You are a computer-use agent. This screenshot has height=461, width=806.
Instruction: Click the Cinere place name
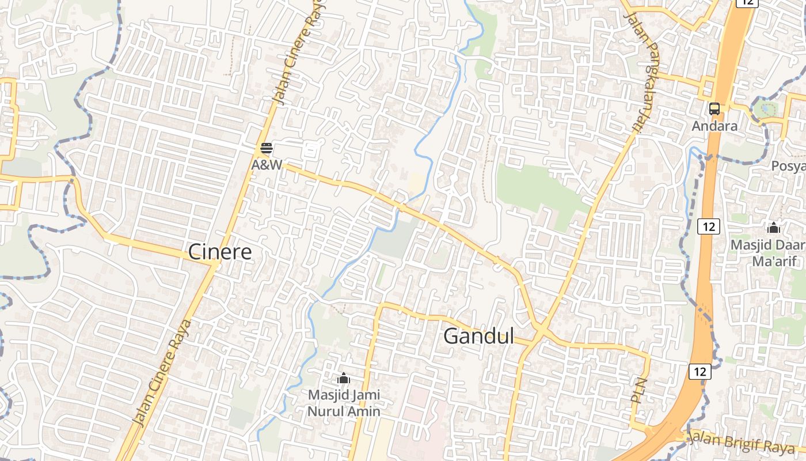click(220, 252)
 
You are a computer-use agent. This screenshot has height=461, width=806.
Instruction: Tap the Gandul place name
click(478, 337)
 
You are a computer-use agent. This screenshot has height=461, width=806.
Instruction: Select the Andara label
click(714, 126)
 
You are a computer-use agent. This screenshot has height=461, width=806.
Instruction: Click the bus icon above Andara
click(714, 108)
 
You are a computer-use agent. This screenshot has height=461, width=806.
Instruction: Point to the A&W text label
click(267, 165)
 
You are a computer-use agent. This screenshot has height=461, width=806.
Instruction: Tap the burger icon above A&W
click(266, 148)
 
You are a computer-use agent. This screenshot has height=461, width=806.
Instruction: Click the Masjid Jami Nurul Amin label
click(344, 403)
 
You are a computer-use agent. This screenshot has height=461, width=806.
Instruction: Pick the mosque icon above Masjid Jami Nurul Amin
click(344, 378)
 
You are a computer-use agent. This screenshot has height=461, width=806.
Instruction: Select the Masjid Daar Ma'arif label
click(767, 252)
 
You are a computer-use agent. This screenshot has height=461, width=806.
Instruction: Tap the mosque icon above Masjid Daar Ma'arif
click(774, 228)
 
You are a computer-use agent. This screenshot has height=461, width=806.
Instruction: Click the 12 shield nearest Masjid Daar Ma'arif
click(708, 226)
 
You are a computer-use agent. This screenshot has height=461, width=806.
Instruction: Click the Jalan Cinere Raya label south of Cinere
click(162, 373)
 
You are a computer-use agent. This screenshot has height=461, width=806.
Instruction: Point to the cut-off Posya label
click(789, 166)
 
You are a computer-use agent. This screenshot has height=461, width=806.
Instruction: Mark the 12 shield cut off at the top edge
click(747, 2)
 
